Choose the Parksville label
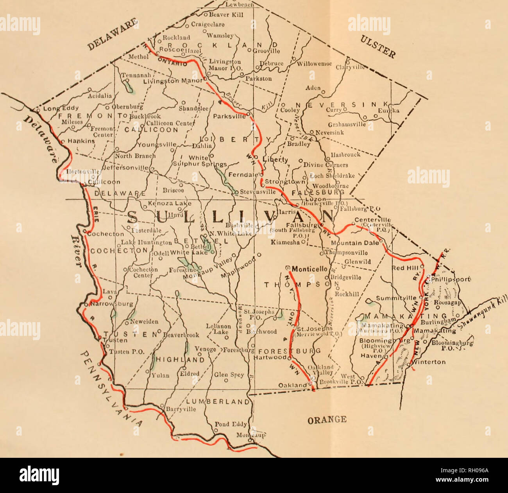pyautogui.click(x=229, y=116)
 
